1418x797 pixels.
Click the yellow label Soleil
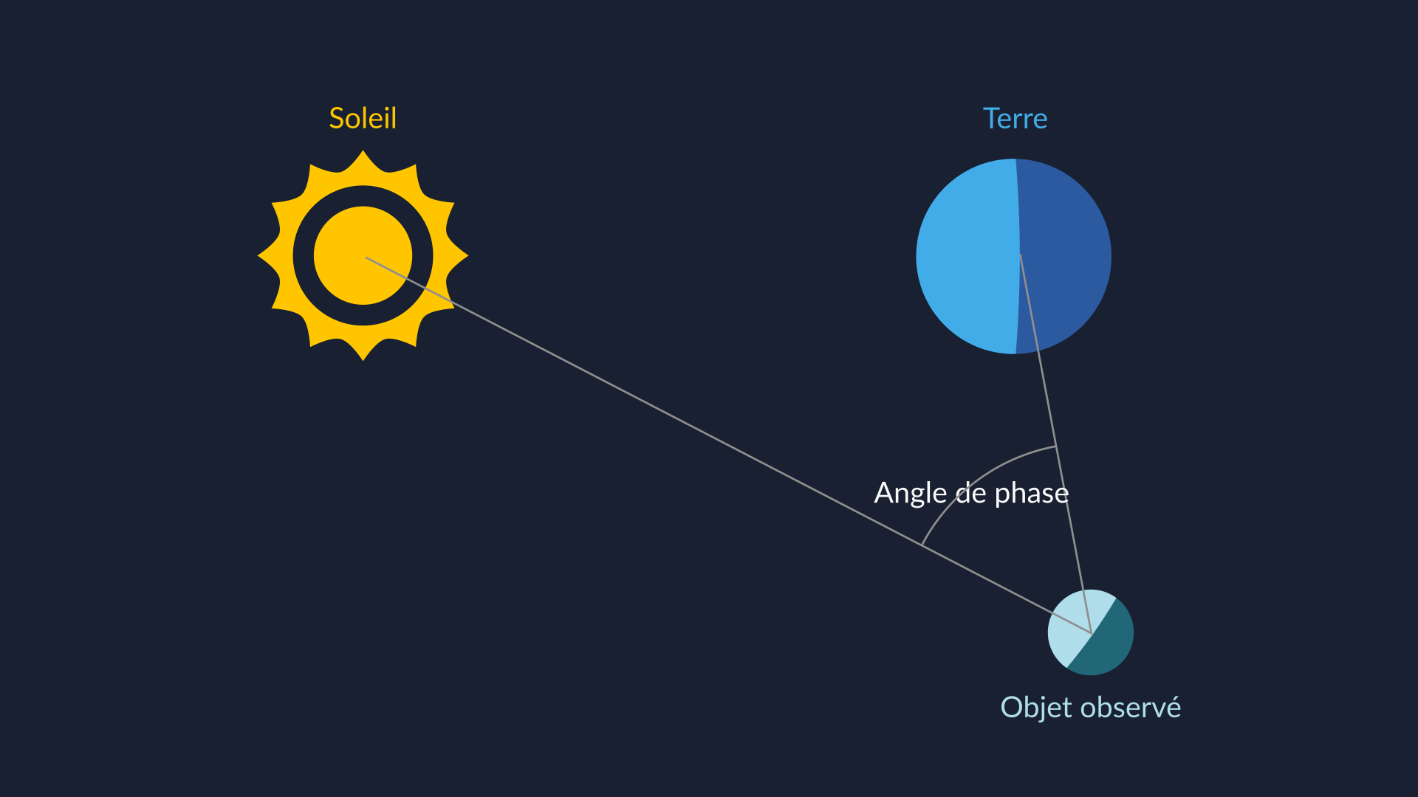click(363, 118)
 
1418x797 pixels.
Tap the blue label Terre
click(1015, 118)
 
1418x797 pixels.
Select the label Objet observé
click(1090, 707)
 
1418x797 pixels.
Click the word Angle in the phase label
click(910, 494)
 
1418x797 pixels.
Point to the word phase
click(1032, 493)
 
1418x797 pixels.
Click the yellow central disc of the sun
click(363, 255)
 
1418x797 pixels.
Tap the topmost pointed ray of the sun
click(363, 159)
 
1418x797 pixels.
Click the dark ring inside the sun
click(363, 196)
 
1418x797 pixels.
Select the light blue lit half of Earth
click(967, 256)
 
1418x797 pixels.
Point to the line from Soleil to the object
click(728, 445)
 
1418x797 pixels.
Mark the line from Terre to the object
click(1055, 444)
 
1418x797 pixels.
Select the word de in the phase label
click(970, 492)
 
